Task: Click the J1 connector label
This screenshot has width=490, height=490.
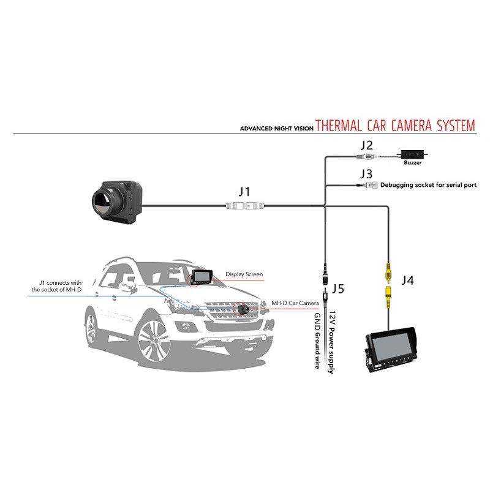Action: point(244,192)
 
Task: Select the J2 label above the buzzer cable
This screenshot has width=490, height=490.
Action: point(366,145)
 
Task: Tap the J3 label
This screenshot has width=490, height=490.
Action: point(366,174)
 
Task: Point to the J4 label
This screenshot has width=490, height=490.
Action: point(408,281)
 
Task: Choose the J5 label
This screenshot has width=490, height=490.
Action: point(338,288)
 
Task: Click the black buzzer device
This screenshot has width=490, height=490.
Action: point(412,154)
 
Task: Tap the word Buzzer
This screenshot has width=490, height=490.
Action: point(412,162)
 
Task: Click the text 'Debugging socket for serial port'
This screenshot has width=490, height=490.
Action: point(428,185)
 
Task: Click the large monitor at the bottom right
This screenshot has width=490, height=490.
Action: point(391,349)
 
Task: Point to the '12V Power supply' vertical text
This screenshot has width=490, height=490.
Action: point(331,342)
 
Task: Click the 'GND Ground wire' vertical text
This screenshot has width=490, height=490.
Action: point(317,341)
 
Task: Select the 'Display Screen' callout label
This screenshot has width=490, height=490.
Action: point(244,274)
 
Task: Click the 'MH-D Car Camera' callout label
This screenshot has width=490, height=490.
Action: point(295,303)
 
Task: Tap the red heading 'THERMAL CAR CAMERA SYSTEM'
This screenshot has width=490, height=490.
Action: point(395,126)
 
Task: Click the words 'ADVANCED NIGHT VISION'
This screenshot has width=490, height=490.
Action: point(277,129)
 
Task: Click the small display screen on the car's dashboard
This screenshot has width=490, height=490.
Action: point(202,277)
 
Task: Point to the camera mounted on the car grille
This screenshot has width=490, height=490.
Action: point(242,309)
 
